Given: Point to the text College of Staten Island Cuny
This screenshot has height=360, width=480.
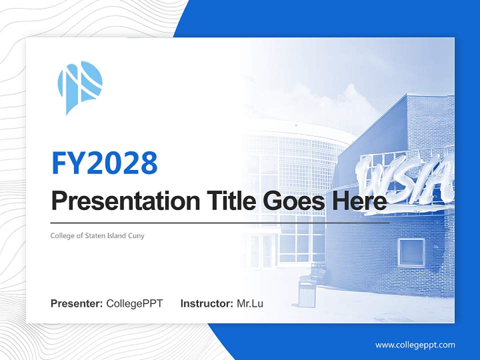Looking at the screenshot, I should point(97,235).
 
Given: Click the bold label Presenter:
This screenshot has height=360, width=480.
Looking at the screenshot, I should point(77,303).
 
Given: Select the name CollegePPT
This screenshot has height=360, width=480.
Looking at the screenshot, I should point(134,303).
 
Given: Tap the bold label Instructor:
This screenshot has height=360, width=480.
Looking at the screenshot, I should point(206,303).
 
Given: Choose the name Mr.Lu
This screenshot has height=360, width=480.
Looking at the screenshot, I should point(250,303).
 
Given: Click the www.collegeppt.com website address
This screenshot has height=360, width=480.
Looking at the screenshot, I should point(415,344).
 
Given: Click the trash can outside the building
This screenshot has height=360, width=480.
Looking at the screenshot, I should point(306,291).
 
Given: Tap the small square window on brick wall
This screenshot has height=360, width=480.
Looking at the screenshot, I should point(411,252).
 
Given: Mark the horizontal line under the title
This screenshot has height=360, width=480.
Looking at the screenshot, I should point(220,222).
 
